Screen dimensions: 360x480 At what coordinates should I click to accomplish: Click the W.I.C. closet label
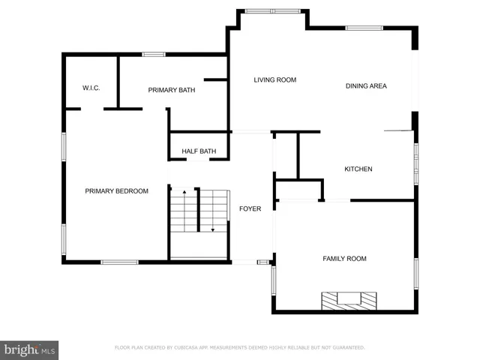91,88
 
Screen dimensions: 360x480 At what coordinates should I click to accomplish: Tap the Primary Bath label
172,90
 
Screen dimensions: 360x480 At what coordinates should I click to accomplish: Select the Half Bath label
199,151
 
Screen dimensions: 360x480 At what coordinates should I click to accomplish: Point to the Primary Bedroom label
116,191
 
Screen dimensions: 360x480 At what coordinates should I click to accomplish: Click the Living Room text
274,80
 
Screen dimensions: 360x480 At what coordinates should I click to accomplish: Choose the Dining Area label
366,86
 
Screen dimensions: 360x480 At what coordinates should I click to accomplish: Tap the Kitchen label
358,169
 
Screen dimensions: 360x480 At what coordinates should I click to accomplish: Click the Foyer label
250,208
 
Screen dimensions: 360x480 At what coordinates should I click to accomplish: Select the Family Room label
344,259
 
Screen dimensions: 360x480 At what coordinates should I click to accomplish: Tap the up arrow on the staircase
184,193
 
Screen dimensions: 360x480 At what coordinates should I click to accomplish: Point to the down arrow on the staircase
212,229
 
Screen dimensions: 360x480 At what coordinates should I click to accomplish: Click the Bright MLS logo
30,349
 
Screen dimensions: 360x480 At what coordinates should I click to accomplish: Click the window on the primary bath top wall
154,54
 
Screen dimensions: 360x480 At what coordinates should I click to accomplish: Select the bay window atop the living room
272,11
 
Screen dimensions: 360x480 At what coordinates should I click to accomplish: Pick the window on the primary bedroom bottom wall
119,262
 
